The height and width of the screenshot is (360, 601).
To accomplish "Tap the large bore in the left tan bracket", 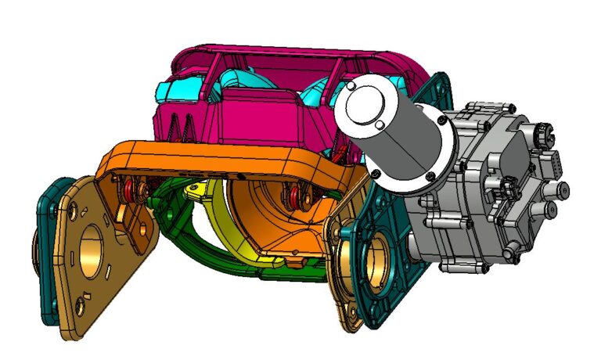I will (95, 248).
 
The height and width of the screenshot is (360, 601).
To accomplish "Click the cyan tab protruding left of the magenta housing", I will (171, 88).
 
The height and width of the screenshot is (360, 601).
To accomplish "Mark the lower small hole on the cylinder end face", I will (380, 124).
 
